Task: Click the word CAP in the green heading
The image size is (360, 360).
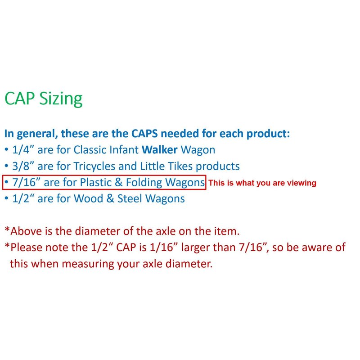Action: [x=19, y=98]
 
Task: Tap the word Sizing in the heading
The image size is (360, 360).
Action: [x=61, y=99]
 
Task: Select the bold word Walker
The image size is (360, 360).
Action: [x=160, y=150]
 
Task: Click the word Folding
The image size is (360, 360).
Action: [x=144, y=183]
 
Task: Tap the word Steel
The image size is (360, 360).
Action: [x=130, y=198]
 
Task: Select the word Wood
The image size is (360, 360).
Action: [x=88, y=198]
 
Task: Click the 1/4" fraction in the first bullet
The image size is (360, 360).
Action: [x=23, y=150]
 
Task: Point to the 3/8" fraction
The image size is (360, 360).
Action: [x=23, y=166]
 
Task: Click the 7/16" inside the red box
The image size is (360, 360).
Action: [x=27, y=183]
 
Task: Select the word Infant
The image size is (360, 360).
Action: [x=124, y=150]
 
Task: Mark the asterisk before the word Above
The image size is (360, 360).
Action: [x=7, y=229]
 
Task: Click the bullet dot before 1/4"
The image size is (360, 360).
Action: [x=6, y=150]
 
